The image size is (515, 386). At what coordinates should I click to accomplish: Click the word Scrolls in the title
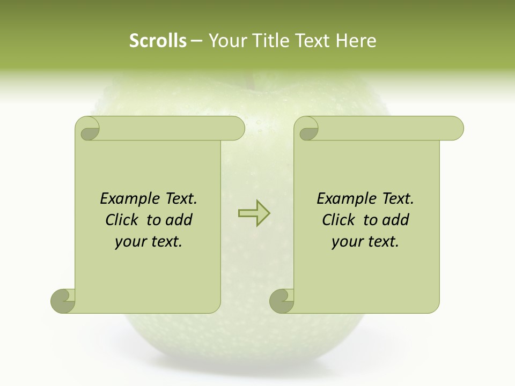click(158, 41)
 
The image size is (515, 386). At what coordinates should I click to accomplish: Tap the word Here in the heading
click(356, 41)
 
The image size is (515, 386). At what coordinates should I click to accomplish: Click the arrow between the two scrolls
click(254, 213)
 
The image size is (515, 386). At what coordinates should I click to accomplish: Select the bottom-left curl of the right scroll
click(282, 301)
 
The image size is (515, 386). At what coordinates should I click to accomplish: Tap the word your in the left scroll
click(129, 242)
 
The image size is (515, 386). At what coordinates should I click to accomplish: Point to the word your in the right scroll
click(345, 242)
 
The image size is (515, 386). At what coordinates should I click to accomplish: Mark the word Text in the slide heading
click(312, 41)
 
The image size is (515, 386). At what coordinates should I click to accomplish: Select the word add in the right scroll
click(395, 220)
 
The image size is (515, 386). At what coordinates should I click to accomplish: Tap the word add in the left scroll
click(179, 220)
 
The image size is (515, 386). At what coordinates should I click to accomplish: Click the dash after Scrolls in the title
click(197, 41)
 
